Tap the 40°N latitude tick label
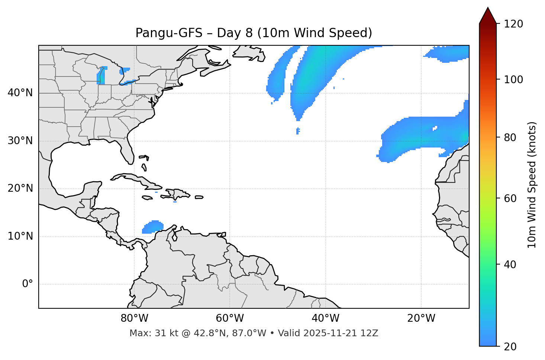pos(20,93)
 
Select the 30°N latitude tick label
pos(20,141)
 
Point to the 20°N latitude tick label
pos(20,188)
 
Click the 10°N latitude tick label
pos(20,236)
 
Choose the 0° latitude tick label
pos(27,284)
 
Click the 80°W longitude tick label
pos(134,318)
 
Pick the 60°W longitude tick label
pos(230,318)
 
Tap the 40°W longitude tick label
pos(325,318)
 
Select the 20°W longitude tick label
pos(421,318)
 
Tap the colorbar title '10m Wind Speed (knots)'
pos(532,185)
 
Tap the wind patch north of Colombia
pos(153,227)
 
